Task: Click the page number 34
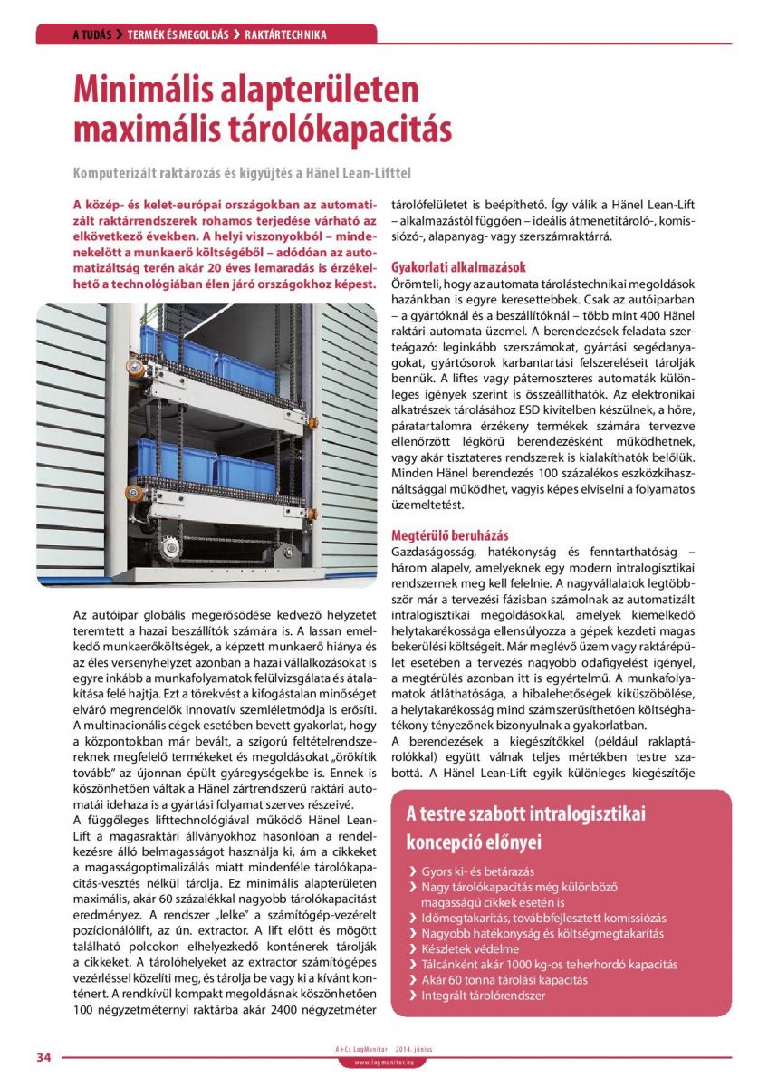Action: [43, 1057]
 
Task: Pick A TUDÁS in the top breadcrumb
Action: [91, 35]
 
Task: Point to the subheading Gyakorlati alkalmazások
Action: [458, 267]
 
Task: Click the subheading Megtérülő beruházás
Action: [449, 535]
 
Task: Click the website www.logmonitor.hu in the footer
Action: [383, 1062]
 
